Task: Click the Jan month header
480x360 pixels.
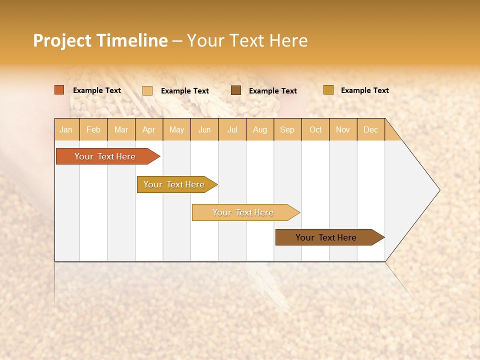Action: click(x=66, y=129)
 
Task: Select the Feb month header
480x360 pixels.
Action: click(x=93, y=129)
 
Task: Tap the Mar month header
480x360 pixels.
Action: click(x=121, y=129)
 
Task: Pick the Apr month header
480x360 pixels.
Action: click(x=149, y=129)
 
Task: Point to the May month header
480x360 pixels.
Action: click(x=176, y=129)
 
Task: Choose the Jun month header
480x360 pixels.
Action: click(x=204, y=129)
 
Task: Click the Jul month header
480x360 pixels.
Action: click(x=232, y=129)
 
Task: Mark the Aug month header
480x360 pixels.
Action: click(x=260, y=129)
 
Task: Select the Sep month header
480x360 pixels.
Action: click(x=287, y=129)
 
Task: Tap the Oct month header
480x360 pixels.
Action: click(x=315, y=129)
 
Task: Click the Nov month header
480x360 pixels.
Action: click(x=343, y=129)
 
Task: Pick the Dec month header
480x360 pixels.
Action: click(x=371, y=129)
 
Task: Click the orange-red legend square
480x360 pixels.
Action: click(x=59, y=90)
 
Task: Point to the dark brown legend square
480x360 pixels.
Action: click(x=236, y=90)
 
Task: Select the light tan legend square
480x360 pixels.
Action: click(x=147, y=90)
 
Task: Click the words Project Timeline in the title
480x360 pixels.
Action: click(x=100, y=40)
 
